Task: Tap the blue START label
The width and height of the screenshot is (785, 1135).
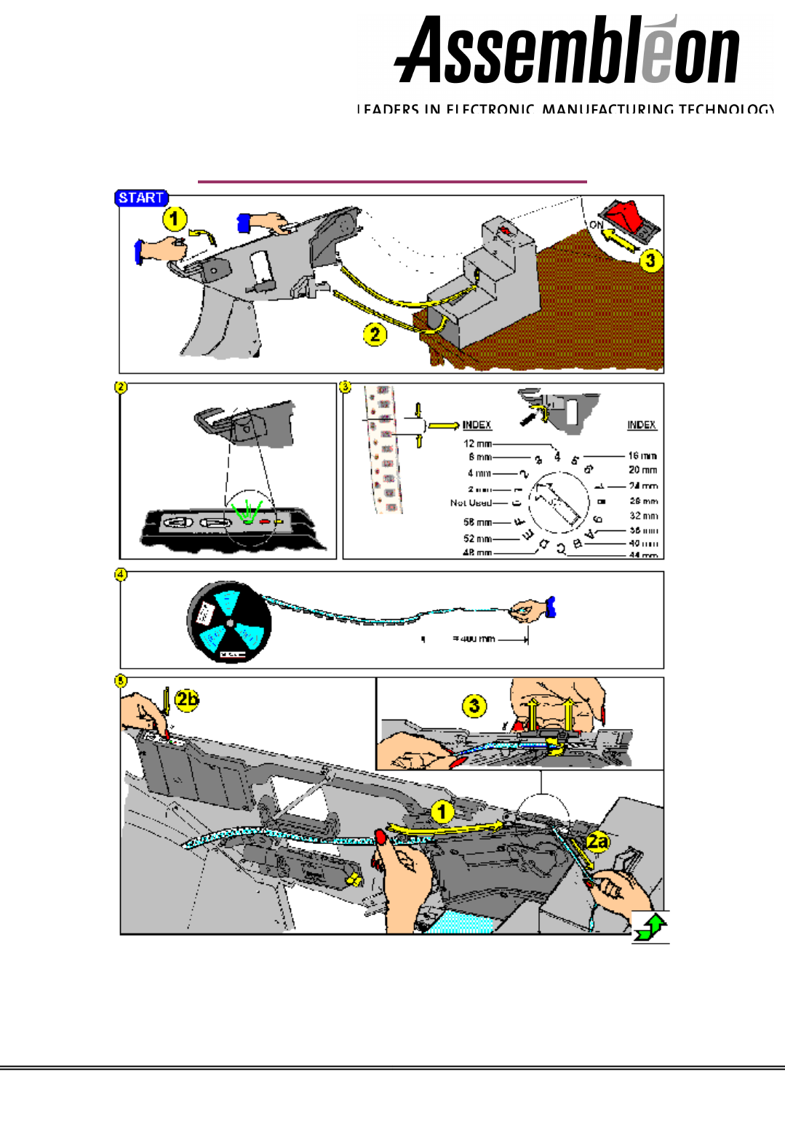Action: point(141,198)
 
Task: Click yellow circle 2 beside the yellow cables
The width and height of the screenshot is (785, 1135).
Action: point(375,335)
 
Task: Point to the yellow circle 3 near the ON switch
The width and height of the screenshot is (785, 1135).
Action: point(650,260)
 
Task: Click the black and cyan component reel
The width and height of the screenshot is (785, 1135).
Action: point(229,621)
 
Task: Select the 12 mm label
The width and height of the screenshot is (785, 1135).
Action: point(477,443)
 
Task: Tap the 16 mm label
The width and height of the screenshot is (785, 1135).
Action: point(643,455)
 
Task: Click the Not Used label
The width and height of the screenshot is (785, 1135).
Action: point(471,503)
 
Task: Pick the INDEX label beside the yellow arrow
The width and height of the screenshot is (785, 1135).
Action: point(477,425)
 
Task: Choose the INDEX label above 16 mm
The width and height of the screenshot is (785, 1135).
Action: point(642,425)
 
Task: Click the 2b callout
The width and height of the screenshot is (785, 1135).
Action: point(186,699)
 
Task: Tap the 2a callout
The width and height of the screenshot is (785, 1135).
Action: point(597,843)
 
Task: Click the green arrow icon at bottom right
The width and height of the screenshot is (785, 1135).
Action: point(650,928)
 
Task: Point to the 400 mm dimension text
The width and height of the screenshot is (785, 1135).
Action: point(474,639)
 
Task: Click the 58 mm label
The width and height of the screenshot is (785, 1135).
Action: point(477,522)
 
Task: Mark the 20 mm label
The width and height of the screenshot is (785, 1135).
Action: point(643,470)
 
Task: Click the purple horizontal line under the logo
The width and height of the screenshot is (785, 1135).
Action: point(392,181)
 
